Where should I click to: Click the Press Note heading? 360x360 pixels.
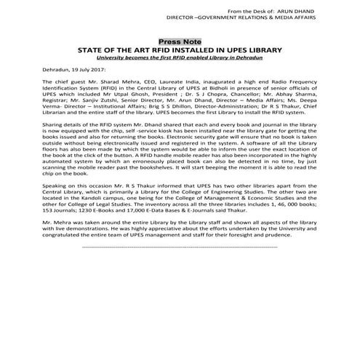point(180,41)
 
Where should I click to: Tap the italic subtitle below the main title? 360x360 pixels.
point(180,57)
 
